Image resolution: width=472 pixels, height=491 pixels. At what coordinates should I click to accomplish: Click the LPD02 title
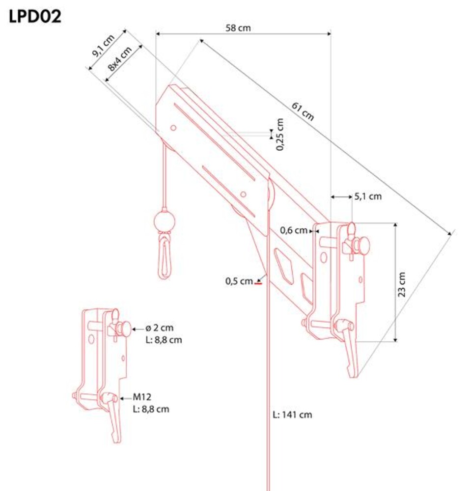pos(35,16)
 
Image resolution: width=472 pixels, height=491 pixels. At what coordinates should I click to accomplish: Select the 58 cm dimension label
pos(238,28)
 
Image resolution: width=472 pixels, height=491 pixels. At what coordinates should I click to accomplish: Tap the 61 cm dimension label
pos(303,111)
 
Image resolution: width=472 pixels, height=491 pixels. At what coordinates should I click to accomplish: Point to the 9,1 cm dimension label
pos(103,46)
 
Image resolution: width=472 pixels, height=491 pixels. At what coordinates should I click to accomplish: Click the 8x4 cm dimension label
pos(120,59)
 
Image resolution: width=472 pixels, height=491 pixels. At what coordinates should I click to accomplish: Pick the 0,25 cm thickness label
pos(280,135)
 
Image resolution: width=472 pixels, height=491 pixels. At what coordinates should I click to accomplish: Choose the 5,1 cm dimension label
pos(368,196)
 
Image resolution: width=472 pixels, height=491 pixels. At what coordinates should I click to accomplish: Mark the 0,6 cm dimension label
pos(294,230)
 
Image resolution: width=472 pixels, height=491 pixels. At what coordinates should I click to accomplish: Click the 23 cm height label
pos(401,284)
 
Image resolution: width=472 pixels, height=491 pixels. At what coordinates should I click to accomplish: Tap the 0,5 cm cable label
pos(239,281)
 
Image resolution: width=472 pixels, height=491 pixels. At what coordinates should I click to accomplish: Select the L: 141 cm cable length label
pos(292,414)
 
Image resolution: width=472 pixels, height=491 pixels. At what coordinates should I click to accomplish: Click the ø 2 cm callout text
pos(159,328)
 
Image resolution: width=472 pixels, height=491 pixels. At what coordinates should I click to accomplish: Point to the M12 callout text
pos(142,397)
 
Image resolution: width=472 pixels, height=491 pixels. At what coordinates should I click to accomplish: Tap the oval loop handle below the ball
pos(165,257)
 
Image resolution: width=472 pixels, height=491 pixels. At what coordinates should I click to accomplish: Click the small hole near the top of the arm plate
pos(173,128)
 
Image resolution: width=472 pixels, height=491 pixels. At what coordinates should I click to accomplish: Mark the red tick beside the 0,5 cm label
pos(258,283)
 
